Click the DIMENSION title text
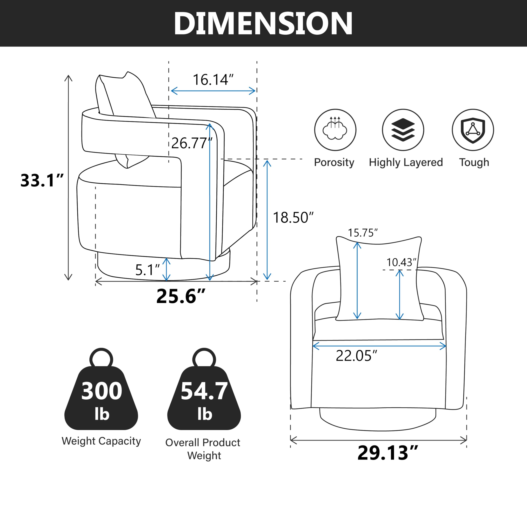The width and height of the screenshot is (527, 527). point(263,23)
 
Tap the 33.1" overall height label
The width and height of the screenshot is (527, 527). point(42,180)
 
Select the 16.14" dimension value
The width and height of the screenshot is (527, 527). point(213,80)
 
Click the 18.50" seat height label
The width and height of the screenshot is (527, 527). point(293,218)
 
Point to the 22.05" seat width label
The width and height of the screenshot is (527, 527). point(356,356)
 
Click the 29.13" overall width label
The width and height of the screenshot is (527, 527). point(387,453)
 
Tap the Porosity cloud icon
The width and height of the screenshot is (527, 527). point(335,130)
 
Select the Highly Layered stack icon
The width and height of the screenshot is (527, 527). point(403,130)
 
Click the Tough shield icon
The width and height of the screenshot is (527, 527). point(473,130)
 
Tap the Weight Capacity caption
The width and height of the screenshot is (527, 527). point(101,441)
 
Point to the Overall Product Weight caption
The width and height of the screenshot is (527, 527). point(203,449)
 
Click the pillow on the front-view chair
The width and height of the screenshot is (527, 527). point(379,281)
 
